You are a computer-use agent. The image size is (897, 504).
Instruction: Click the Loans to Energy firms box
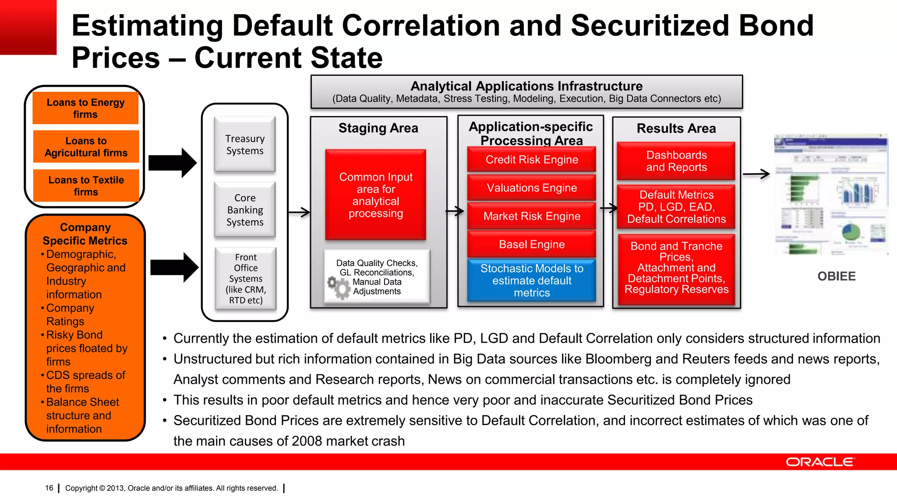(85, 108)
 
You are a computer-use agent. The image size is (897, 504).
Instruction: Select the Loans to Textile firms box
(86, 185)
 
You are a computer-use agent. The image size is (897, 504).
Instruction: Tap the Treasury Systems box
(245, 144)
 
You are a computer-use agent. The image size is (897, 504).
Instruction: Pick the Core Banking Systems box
(245, 210)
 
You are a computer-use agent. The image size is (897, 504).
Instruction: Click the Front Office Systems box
(246, 279)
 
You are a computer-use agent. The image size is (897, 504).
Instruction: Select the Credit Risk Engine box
(531, 160)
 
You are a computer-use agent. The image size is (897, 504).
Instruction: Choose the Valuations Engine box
(531, 188)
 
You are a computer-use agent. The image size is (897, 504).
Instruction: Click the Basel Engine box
(531, 244)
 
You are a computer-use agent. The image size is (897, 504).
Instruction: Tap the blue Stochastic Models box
(531, 280)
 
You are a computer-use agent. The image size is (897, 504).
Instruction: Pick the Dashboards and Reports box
(676, 161)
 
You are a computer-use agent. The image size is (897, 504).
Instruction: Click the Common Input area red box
(375, 195)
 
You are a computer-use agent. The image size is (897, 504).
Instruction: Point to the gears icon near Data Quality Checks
(339, 287)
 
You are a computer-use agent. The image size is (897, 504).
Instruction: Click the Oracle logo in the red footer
(819, 462)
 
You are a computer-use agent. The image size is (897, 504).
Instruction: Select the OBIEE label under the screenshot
(836, 276)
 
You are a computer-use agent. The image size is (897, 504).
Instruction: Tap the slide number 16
(49, 488)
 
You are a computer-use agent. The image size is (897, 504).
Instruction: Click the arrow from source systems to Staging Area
(299, 213)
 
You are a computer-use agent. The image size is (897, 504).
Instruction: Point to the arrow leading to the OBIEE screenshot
(756, 174)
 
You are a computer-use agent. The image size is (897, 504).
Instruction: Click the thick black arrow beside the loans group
(173, 163)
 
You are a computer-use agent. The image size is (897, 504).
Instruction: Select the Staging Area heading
(378, 128)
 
